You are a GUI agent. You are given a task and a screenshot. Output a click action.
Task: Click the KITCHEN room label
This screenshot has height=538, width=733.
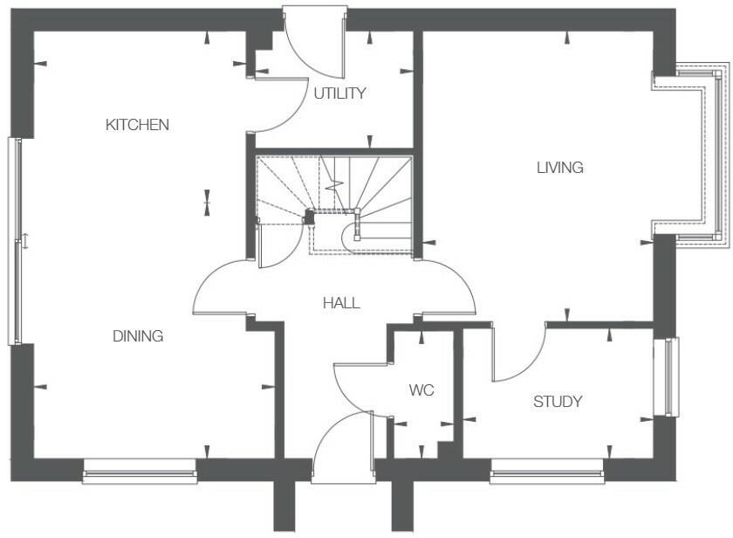point(137,125)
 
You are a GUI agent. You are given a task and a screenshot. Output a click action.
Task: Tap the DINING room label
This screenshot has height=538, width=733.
point(138,336)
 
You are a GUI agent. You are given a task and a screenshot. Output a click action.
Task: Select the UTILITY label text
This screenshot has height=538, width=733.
point(339,93)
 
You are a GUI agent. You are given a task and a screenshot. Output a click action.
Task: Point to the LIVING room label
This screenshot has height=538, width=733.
point(559,168)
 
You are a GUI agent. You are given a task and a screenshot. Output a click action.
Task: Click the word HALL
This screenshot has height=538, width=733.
point(341,303)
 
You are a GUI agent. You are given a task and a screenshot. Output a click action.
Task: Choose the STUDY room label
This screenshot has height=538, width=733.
point(558,402)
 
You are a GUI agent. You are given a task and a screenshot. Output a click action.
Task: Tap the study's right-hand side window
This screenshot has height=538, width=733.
point(668,376)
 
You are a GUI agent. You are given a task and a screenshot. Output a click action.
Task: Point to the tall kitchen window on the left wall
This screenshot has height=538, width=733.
point(14,240)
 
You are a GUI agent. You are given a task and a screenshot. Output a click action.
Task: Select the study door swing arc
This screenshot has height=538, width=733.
point(519,354)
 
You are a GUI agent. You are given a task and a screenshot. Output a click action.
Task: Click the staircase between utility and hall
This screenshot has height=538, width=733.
point(349,197)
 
